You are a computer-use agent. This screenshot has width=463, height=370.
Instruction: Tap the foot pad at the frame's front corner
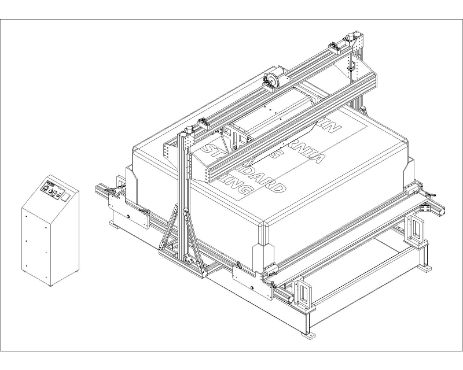coord(307,334)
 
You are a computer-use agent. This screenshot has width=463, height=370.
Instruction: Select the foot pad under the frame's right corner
coord(427,268)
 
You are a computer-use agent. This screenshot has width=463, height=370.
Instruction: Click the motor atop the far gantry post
coord(351,40)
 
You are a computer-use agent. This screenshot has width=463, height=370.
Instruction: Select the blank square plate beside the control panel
coord(65,197)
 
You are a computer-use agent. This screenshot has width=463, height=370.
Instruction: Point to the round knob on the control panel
coord(52,193)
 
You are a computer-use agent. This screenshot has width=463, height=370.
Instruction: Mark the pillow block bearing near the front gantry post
coord(204,122)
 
